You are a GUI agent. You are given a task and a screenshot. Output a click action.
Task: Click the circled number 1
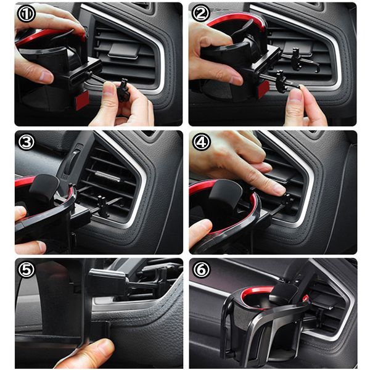click(x=25, y=14)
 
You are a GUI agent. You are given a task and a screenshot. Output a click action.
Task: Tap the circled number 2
click(x=200, y=14)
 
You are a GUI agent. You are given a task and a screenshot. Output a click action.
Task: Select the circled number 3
click(x=25, y=142)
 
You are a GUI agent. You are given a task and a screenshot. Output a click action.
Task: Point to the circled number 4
click(x=200, y=142)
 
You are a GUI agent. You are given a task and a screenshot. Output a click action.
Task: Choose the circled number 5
click(x=25, y=269)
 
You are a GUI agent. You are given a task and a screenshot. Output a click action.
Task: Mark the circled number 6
click(x=200, y=269)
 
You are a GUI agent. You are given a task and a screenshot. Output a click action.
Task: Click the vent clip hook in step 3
click(x=102, y=207)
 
